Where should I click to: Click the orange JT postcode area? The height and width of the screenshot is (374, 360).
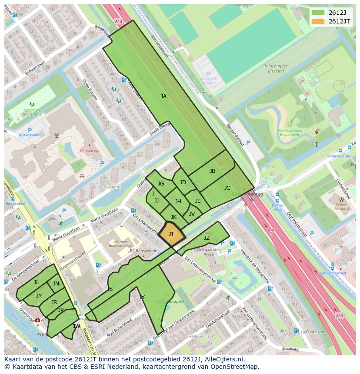(171, 234)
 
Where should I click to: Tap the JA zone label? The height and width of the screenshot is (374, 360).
(163, 96)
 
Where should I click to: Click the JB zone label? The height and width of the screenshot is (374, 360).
(212, 171)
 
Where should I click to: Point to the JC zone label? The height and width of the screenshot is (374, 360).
(227, 188)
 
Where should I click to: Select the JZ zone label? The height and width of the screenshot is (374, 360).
(207, 238)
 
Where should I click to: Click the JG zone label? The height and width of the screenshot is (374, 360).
(161, 184)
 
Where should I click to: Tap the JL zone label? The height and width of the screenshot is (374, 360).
(37, 282)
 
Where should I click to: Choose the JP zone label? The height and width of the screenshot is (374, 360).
(61, 310)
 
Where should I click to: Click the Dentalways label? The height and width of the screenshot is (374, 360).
(90, 151)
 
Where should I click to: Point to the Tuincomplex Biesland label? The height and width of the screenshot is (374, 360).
(277, 69)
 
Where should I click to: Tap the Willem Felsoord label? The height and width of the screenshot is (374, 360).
(341, 206)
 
